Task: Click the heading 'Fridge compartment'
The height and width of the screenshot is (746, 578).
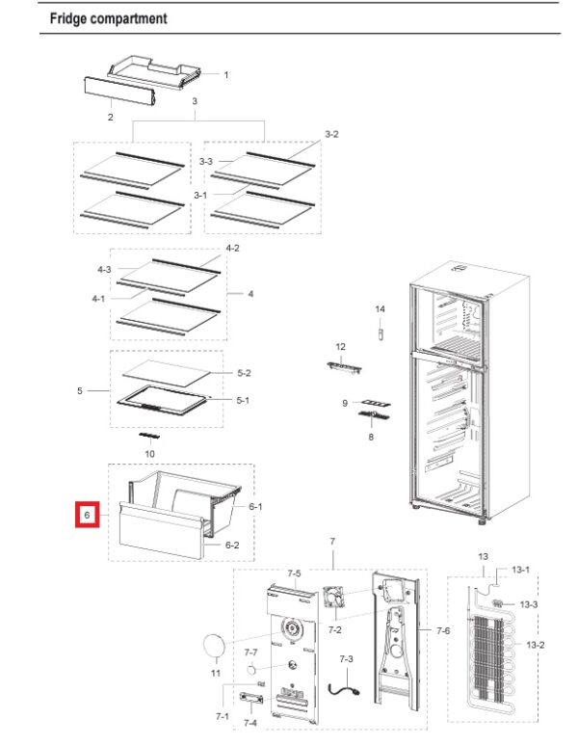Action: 108,18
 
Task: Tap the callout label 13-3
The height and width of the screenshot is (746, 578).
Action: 529,604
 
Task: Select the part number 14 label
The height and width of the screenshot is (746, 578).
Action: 380,308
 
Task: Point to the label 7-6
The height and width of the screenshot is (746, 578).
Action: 443,630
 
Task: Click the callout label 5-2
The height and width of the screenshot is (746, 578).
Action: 244,373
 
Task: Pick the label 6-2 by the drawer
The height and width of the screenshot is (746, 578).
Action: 232,545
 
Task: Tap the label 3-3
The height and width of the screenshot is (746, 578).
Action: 206,162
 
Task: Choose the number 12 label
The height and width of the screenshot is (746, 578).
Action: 340,346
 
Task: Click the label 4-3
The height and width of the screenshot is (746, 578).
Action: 104,269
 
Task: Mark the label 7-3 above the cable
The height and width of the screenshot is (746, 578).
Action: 347,658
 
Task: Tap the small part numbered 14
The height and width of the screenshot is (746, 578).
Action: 380,334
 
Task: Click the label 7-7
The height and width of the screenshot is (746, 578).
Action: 250,653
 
